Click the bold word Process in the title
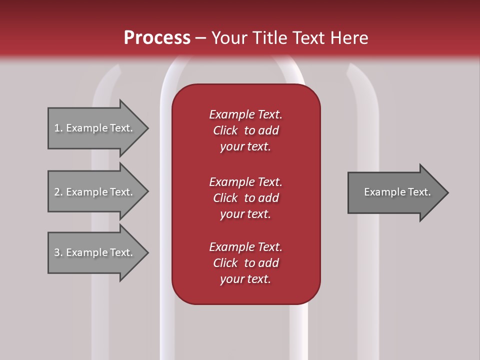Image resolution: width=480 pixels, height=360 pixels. click(157, 38)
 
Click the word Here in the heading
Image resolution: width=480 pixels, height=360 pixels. click(349, 38)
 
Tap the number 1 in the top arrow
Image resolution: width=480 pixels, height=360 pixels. click(57, 128)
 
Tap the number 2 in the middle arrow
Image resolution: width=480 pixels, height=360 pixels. click(57, 192)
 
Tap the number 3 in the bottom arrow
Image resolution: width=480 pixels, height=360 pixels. click(57, 252)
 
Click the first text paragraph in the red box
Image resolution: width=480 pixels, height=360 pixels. click(245, 130)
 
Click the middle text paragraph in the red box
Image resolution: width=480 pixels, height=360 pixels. click(245, 198)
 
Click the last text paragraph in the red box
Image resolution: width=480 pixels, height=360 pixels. click(245, 263)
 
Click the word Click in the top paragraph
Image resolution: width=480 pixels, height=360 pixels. click(225, 130)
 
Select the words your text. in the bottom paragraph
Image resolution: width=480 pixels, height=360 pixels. click(245, 279)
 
